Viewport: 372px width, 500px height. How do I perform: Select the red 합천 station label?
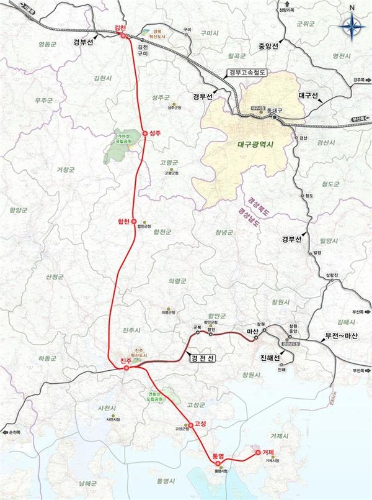[124, 221]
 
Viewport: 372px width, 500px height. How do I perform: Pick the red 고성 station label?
[200, 424]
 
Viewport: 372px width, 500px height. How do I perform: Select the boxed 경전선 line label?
[203, 358]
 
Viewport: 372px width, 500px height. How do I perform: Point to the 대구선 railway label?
[308, 95]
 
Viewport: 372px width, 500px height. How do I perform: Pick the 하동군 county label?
[47, 358]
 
